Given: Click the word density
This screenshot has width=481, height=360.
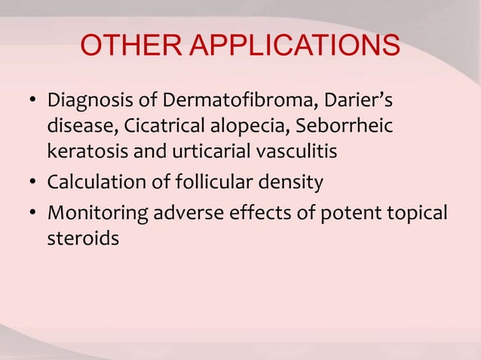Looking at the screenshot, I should tap(295, 183).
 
